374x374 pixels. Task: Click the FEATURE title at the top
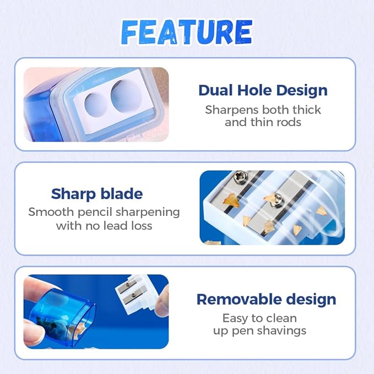tap(187, 32)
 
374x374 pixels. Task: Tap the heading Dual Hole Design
tap(263, 91)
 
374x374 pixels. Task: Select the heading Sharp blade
tap(97, 194)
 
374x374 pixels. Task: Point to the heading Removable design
tap(266, 300)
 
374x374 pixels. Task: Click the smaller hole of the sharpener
tap(96, 105)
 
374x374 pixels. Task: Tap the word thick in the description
tap(307, 110)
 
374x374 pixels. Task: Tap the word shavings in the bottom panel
tap(281, 331)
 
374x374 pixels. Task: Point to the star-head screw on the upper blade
tap(240, 177)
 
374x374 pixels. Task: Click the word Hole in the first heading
tap(254, 91)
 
